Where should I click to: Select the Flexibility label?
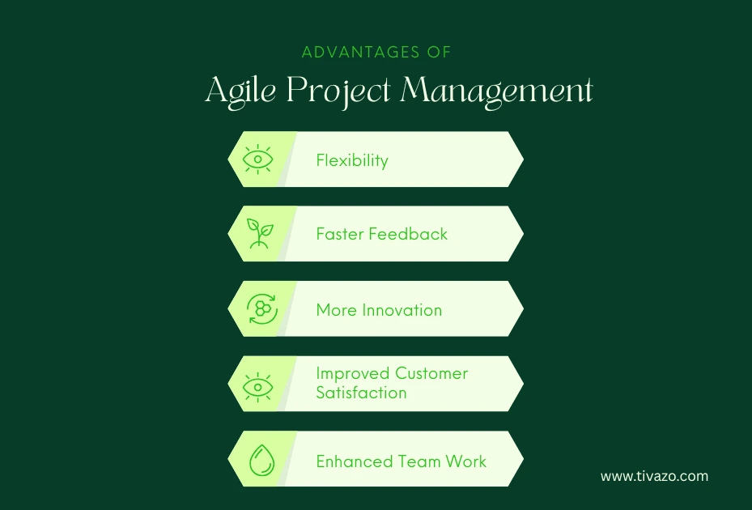352,160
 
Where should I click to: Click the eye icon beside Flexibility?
258,159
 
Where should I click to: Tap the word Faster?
340,234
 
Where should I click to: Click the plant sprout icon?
258,233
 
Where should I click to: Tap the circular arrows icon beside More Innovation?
261,309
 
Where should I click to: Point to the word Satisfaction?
361,393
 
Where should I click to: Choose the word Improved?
352,373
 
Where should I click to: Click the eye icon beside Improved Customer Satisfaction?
258,385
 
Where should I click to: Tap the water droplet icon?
261,461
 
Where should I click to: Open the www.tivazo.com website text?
654,476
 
